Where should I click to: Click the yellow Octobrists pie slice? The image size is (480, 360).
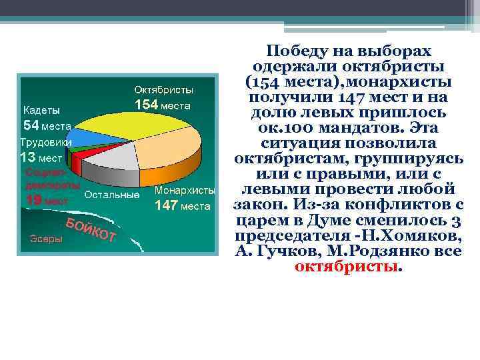[x=133, y=123]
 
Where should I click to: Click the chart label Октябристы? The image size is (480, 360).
[x=164, y=89]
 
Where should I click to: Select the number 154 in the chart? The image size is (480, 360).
[x=147, y=105]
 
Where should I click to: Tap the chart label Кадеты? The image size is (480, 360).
[x=41, y=110]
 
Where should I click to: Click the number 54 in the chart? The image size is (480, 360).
[x=31, y=125]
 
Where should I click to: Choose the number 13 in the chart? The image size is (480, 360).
[x=27, y=157]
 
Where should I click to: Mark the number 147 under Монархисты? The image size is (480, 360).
[x=166, y=206]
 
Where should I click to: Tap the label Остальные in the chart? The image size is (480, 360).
[x=112, y=195]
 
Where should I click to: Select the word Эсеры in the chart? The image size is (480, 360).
[x=46, y=239]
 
